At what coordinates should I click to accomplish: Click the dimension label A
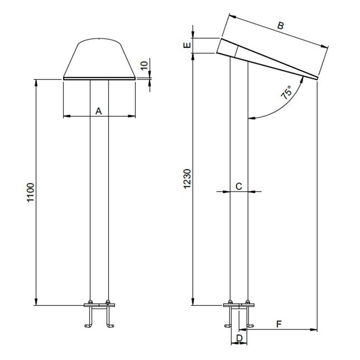(x=99, y=110)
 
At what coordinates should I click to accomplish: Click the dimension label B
(x=280, y=26)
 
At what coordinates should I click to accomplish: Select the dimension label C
(x=239, y=185)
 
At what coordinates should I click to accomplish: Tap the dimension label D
(x=239, y=337)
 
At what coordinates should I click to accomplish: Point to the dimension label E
(x=188, y=45)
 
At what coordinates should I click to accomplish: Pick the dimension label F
(x=279, y=324)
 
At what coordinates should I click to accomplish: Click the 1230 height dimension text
(x=188, y=180)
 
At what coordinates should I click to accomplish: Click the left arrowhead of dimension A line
(x=66, y=117)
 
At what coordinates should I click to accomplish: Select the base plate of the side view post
(x=239, y=306)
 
